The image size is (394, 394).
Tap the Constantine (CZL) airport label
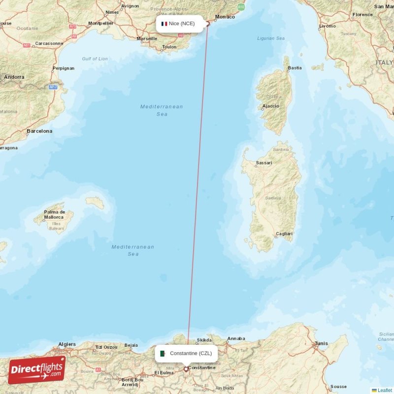[191, 353]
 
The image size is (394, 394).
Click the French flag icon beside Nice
[164, 24]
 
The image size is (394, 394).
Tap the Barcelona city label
[39, 131]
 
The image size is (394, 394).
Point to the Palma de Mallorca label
[54, 214]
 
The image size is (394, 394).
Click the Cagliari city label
[284, 234]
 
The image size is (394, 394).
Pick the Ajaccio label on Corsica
[270, 106]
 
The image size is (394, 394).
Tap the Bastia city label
[295, 68]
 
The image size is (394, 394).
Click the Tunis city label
[321, 343]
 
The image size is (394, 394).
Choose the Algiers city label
[67, 344]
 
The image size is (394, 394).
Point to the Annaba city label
[236, 338]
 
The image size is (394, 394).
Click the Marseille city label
[147, 38]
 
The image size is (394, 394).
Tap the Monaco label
[225, 17]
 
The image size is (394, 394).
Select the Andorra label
[14, 77]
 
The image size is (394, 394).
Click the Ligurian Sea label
[270, 38]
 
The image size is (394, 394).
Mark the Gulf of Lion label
[95, 59]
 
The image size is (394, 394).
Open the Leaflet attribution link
[385, 390]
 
